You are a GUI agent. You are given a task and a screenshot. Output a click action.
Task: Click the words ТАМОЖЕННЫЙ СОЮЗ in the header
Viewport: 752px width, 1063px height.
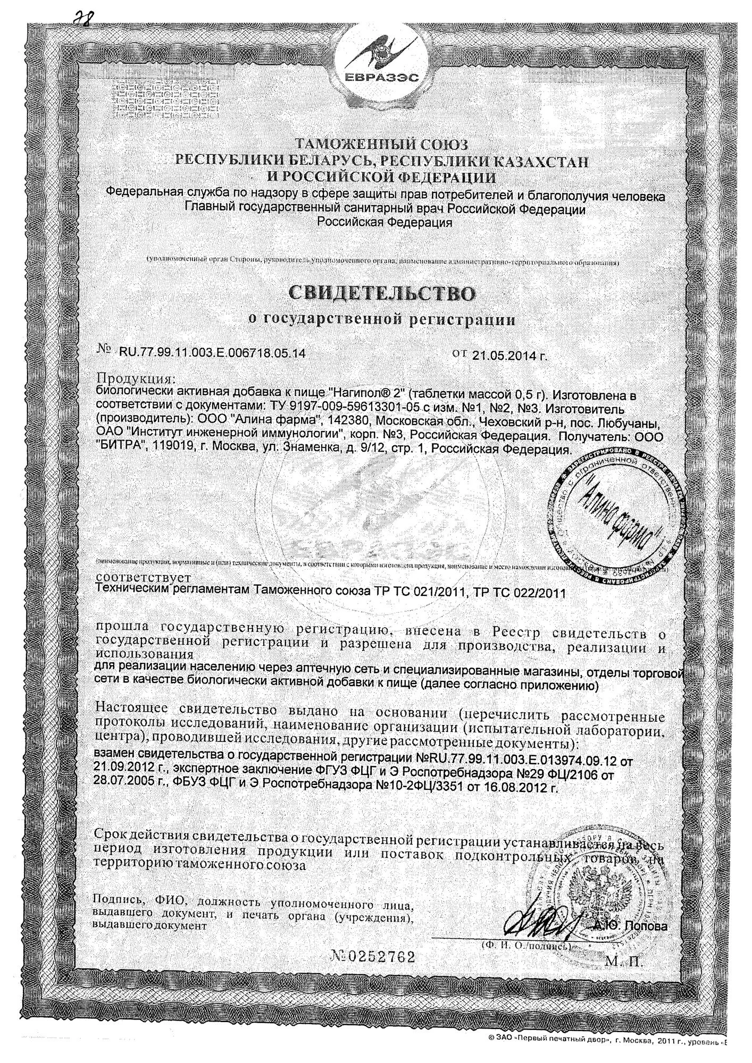pos(381,144)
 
